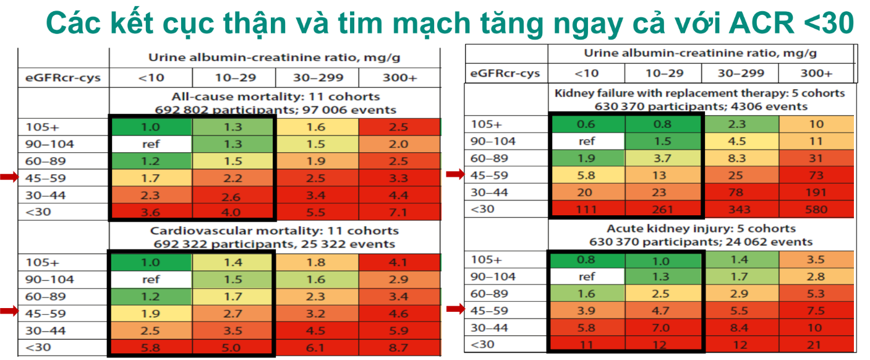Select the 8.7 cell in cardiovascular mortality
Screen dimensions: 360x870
click(399, 348)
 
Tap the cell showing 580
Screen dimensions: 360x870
click(817, 209)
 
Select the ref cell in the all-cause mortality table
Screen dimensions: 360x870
click(151, 144)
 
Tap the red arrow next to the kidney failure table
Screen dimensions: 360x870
click(454, 175)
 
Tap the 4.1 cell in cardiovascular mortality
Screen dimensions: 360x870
click(399, 262)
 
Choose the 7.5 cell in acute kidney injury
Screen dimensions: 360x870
click(817, 310)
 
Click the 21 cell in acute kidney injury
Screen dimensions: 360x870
click(817, 344)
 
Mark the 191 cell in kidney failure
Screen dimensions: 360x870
click(817, 192)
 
